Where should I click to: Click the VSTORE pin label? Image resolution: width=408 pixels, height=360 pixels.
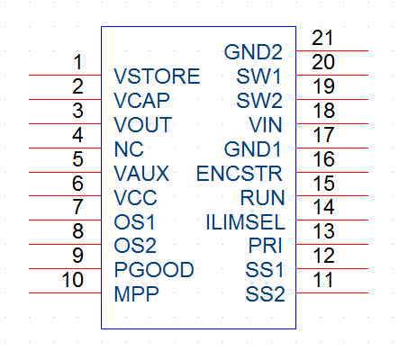click(157, 76)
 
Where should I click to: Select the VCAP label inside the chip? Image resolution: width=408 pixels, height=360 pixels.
click(141, 101)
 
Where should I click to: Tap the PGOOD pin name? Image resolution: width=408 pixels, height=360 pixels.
click(154, 269)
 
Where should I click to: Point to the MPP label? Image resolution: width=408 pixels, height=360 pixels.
click(136, 293)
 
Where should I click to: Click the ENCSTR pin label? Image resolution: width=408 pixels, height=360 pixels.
click(240, 174)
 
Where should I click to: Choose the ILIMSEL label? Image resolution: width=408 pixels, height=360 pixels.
click(245, 222)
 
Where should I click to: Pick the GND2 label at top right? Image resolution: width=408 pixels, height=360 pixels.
click(253, 52)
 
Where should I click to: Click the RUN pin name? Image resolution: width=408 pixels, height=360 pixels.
click(262, 198)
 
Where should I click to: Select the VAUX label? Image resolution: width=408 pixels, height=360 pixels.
click(141, 174)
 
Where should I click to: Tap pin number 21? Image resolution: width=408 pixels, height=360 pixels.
click(322, 38)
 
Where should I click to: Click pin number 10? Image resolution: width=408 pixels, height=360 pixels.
click(72, 280)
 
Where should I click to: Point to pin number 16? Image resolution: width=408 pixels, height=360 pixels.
click(323, 158)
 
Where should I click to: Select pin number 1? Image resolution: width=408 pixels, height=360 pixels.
click(77, 62)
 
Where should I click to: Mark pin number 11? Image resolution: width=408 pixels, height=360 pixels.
click(323, 280)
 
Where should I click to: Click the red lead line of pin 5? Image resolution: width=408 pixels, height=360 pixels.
click(65, 172)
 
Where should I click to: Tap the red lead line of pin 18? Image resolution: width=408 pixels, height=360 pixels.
click(332, 123)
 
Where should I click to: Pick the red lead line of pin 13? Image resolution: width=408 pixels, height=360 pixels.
click(332, 244)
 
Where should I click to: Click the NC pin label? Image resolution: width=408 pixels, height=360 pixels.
click(129, 149)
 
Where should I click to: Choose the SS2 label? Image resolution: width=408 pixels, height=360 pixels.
click(265, 294)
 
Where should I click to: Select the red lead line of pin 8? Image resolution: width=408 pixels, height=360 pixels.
click(65, 244)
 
